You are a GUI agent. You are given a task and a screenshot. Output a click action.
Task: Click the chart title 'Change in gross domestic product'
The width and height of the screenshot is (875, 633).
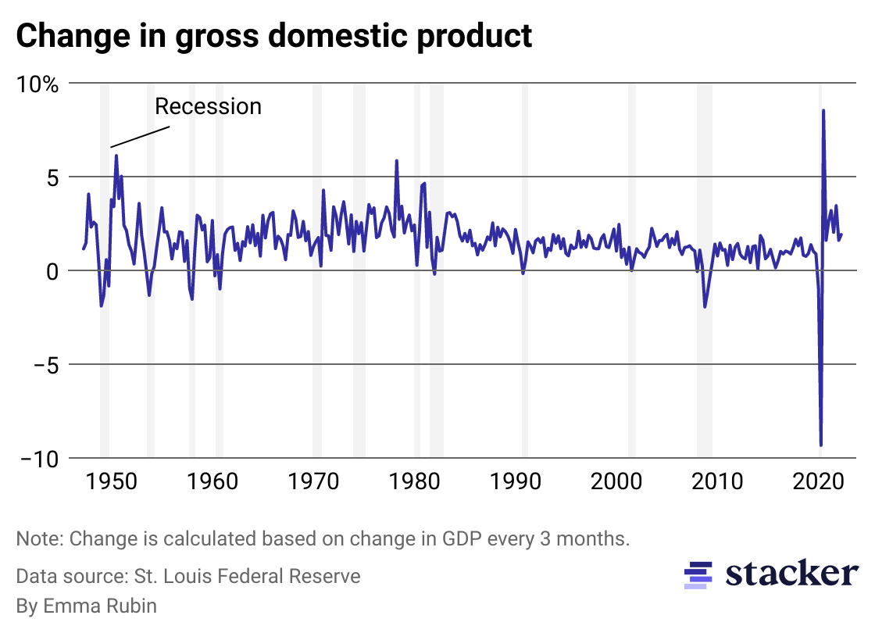point(273,36)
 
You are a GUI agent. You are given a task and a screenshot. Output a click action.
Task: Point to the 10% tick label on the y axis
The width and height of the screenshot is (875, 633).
point(37,84)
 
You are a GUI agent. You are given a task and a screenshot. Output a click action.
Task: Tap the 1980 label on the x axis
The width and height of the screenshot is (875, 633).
point(414,480)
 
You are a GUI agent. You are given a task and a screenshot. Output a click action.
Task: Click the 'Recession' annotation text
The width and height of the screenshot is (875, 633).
point(208,106)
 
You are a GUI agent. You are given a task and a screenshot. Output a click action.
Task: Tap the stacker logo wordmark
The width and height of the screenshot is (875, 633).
point(791,574)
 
